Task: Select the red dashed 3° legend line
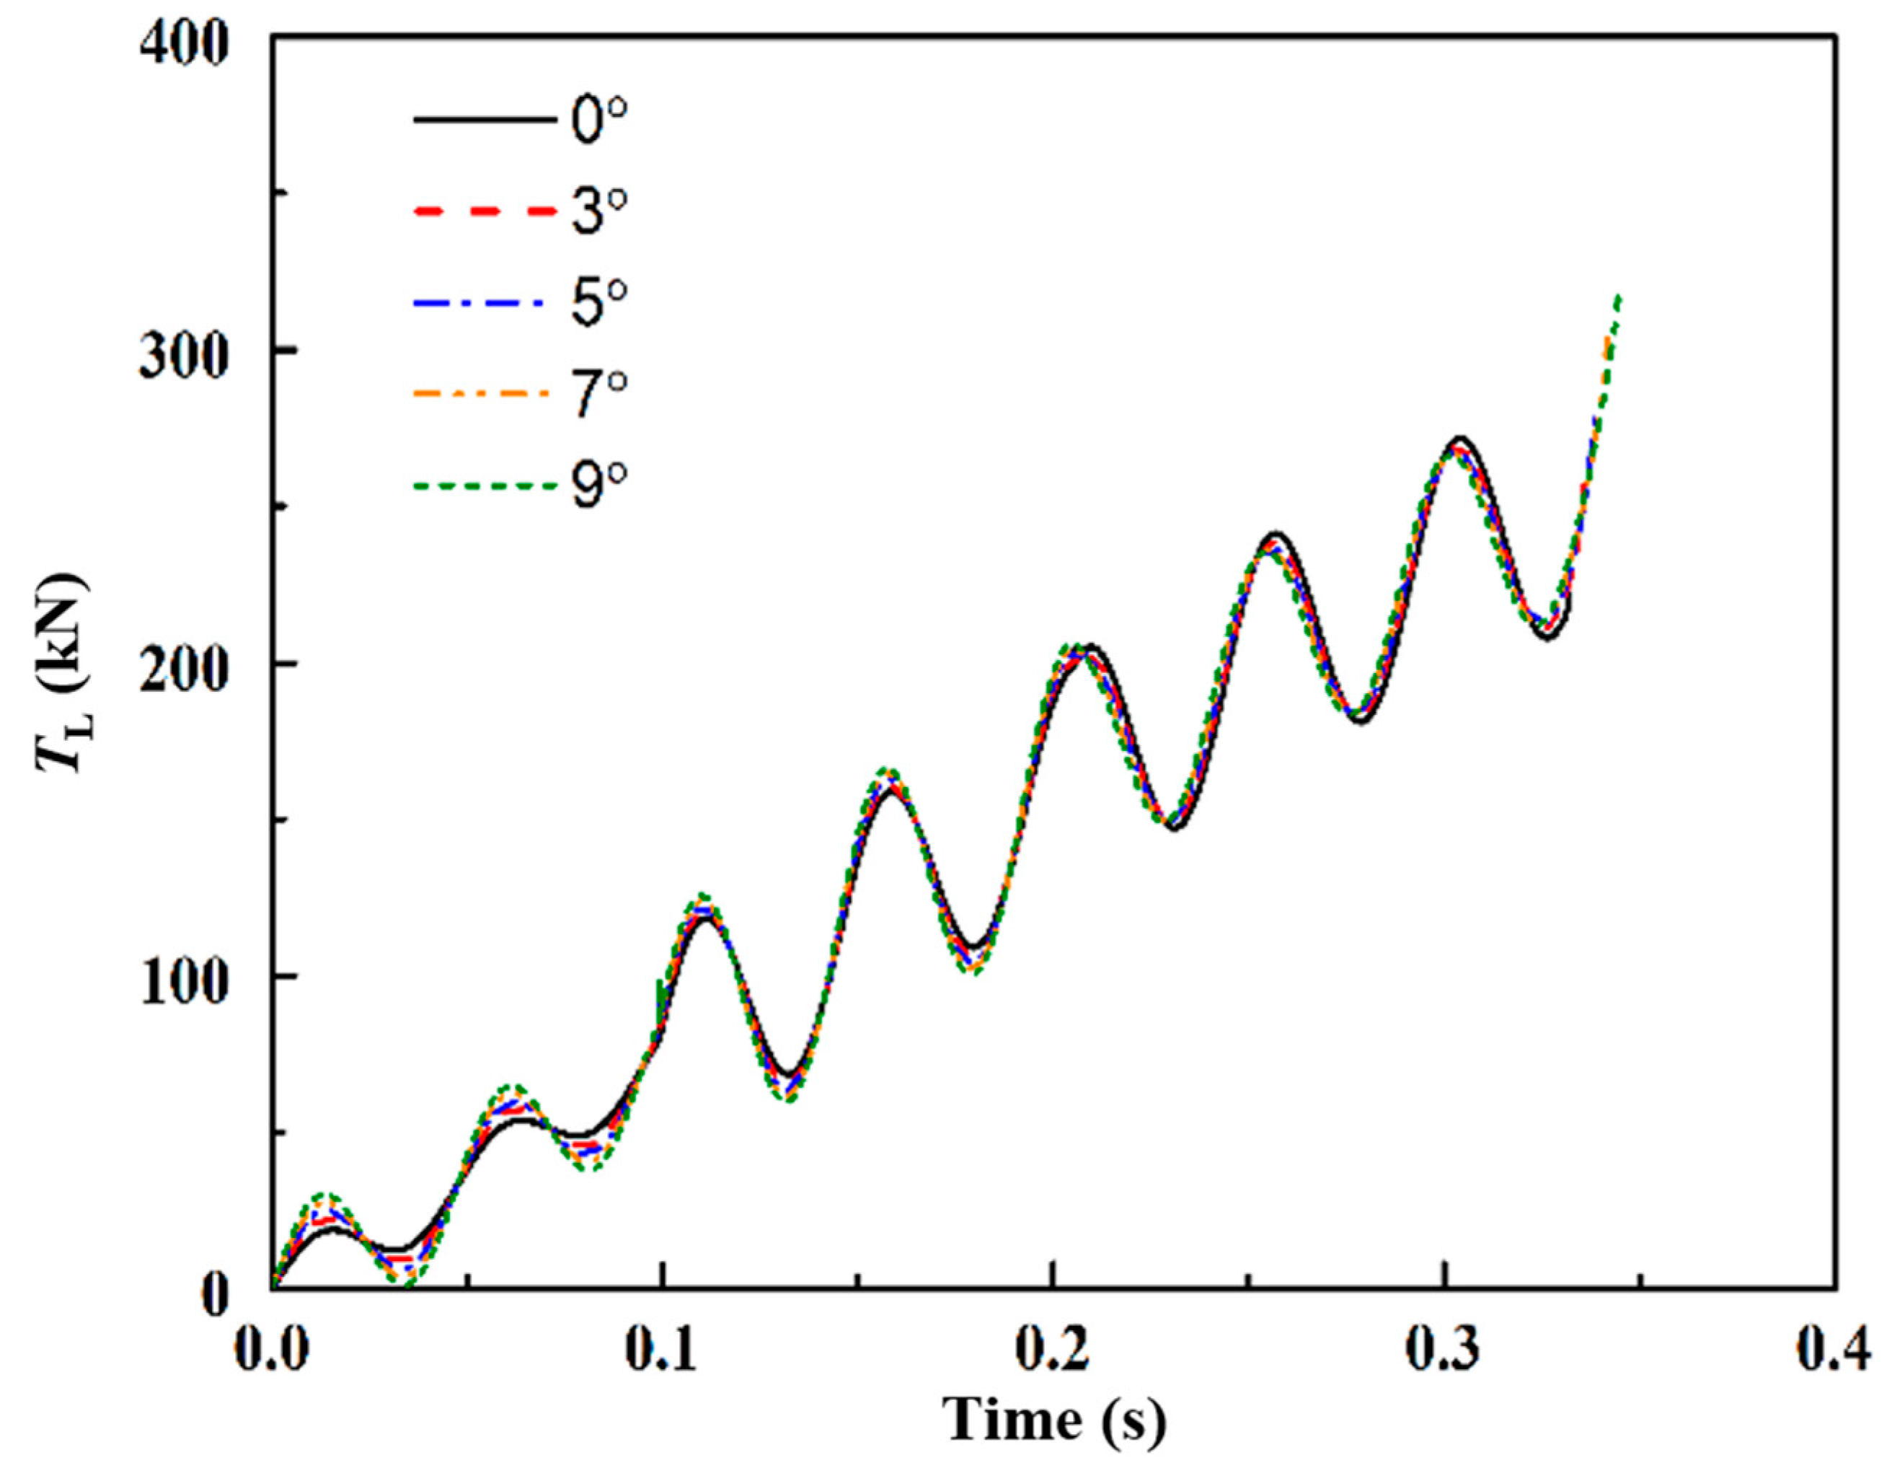484,211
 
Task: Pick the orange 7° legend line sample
484,394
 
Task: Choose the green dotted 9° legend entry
484,486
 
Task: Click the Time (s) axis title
1053,1423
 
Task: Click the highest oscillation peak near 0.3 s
1461,439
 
